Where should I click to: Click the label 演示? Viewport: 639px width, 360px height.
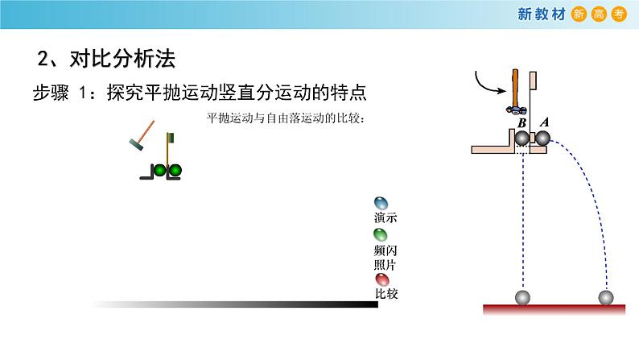385,218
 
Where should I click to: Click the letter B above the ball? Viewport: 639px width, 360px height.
522,122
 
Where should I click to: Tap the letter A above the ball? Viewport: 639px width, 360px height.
543,122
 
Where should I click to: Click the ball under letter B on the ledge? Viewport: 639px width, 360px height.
525,138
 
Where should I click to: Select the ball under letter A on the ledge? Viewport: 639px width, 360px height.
542,138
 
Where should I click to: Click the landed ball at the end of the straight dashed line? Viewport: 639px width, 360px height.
523,297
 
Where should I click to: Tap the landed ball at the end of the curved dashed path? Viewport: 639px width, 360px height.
607,297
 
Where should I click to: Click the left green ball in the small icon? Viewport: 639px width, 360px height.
160,170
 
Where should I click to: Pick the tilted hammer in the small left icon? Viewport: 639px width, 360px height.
140,137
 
